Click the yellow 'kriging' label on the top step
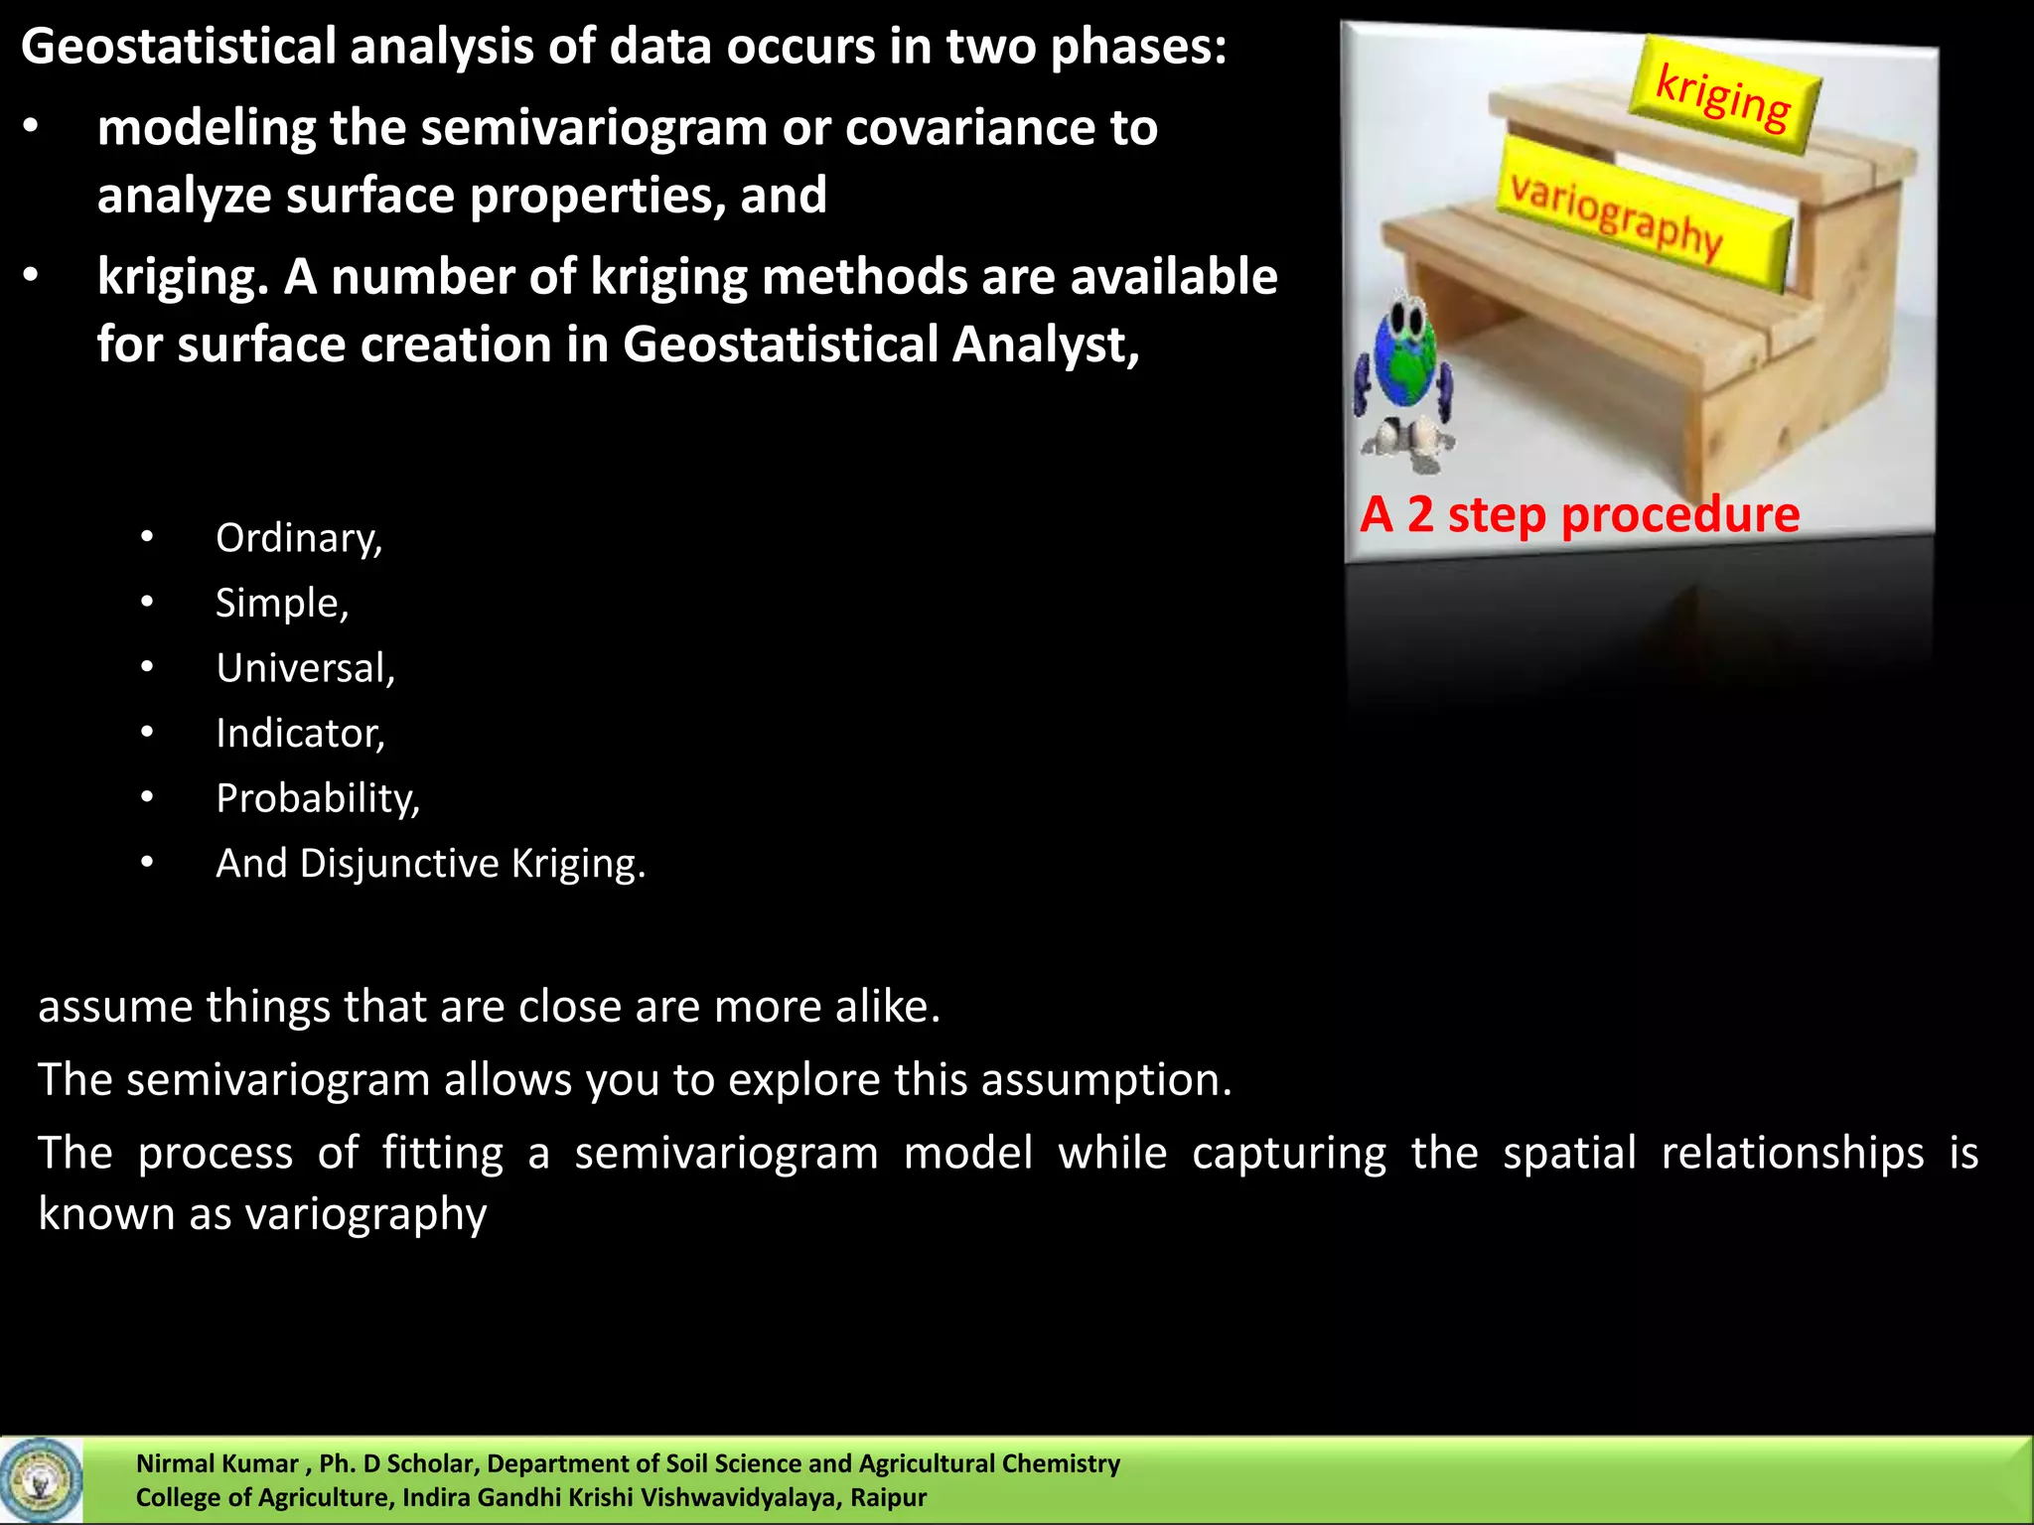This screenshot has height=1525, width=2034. (1724, 96)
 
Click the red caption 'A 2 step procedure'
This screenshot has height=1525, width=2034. (1579, 514)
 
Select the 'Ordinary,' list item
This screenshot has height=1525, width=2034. (299, 538)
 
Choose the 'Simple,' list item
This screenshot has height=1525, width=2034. (282, 603)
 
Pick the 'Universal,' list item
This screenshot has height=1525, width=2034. (306, 668)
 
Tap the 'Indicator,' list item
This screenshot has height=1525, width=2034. (300, 734)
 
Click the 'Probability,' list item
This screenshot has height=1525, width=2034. (318, 798)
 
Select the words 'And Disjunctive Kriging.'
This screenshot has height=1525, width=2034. (431, 864)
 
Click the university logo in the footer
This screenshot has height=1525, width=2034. (41, 1480)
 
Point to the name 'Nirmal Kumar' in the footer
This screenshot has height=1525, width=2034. (217, 1463)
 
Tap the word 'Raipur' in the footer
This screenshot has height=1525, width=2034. (888, 1497)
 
